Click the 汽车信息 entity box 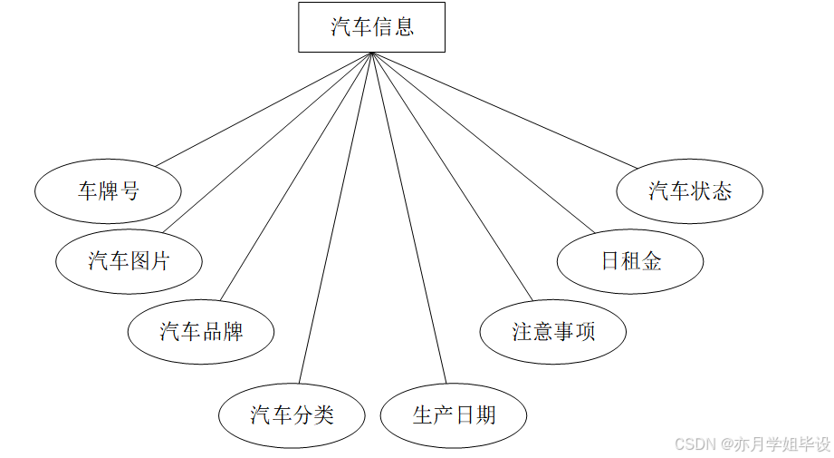tap(371, 27)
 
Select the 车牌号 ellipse tap(108, 191)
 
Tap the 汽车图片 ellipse tap(129, 261)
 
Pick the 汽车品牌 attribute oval tap(201, 331)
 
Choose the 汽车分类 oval tap(292, 415)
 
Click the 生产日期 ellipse tap(453, 415)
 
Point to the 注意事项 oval tap(552, 331)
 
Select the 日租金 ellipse tap(630, 261)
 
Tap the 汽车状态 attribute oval tap(689, 191)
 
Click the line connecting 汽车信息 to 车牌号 tap(263, 110)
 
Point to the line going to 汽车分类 tap(335, 218)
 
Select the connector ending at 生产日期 tap(408, 218)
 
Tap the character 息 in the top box tap(403, 27)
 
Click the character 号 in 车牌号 tap(129, 191)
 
